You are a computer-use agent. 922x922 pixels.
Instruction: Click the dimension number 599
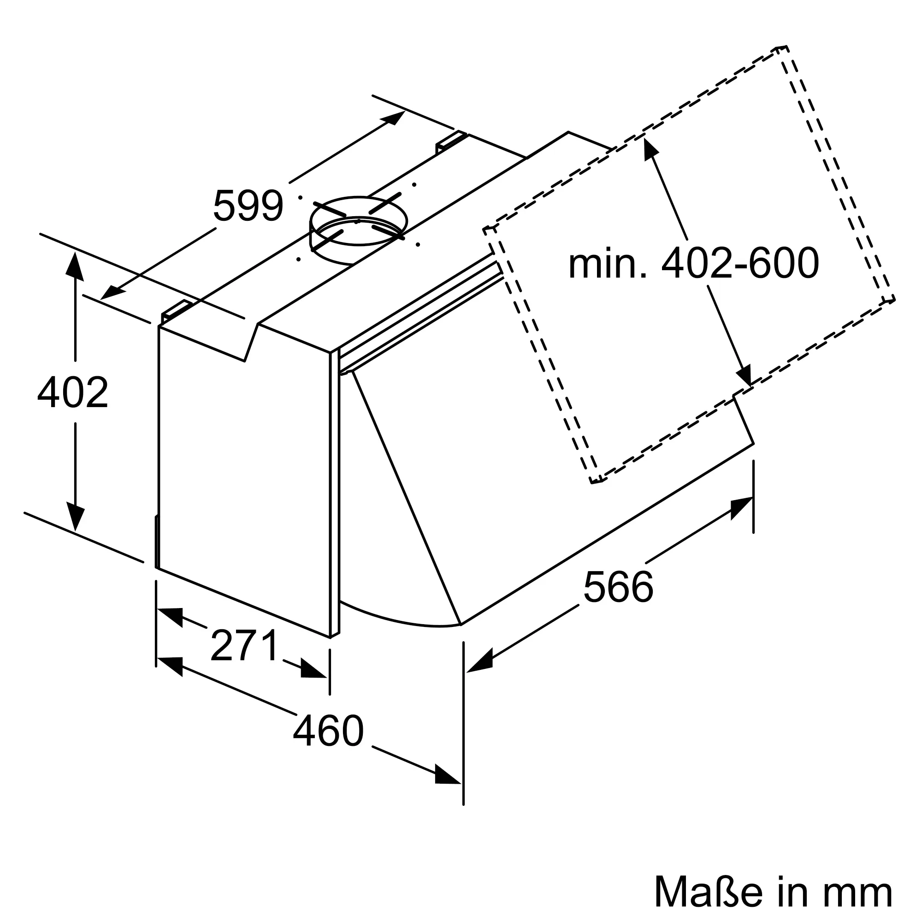(x=248, y=206)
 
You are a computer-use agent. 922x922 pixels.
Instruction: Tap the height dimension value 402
(x=73, y=392)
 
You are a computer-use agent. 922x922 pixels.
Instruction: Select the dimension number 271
(x=244, y=645)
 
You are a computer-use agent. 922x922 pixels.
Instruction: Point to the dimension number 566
(x=618, y=587)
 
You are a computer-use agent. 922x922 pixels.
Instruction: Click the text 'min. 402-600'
(x=693, y=263)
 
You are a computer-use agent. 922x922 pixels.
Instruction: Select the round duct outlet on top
(x=358, y=229)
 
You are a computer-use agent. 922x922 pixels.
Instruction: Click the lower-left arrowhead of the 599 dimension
(x=112, y=292)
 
